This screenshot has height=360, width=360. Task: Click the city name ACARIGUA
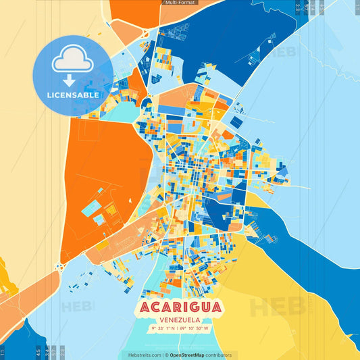click(x=180, y=307)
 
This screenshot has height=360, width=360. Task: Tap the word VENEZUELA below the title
click(x=180, y=320)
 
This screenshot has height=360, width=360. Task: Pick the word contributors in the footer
click(x=219, y=355)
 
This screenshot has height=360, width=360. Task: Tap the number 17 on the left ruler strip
click(x=3, y=351)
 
